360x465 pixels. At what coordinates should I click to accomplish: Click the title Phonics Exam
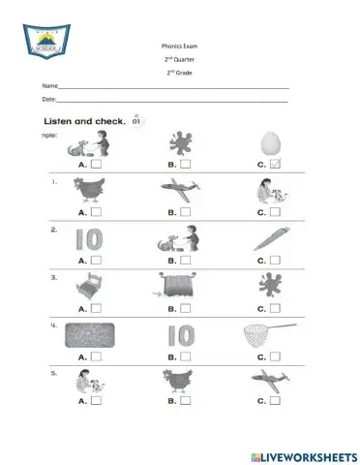[x=180, y=46]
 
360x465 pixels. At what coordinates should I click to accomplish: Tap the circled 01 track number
[x=136, y=121]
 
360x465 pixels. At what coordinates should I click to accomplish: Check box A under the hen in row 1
[x=97, y=211]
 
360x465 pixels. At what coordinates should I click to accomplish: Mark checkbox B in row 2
[x=185, y=260]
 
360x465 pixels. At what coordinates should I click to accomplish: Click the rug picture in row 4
[x=89, y=336]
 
